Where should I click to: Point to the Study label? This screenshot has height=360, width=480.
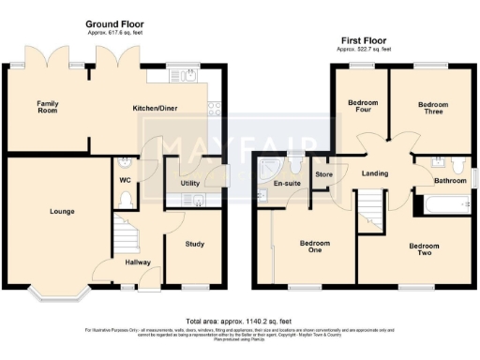coord(194,244)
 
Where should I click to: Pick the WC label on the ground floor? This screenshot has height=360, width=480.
coord(124,179)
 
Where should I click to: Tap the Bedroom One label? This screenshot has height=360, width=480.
coord(315,246)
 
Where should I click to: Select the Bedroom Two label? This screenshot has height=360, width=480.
coord(424,249)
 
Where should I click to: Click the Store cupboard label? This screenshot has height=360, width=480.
coord(324,173)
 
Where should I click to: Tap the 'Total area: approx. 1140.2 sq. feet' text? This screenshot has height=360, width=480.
coord(239,321)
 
